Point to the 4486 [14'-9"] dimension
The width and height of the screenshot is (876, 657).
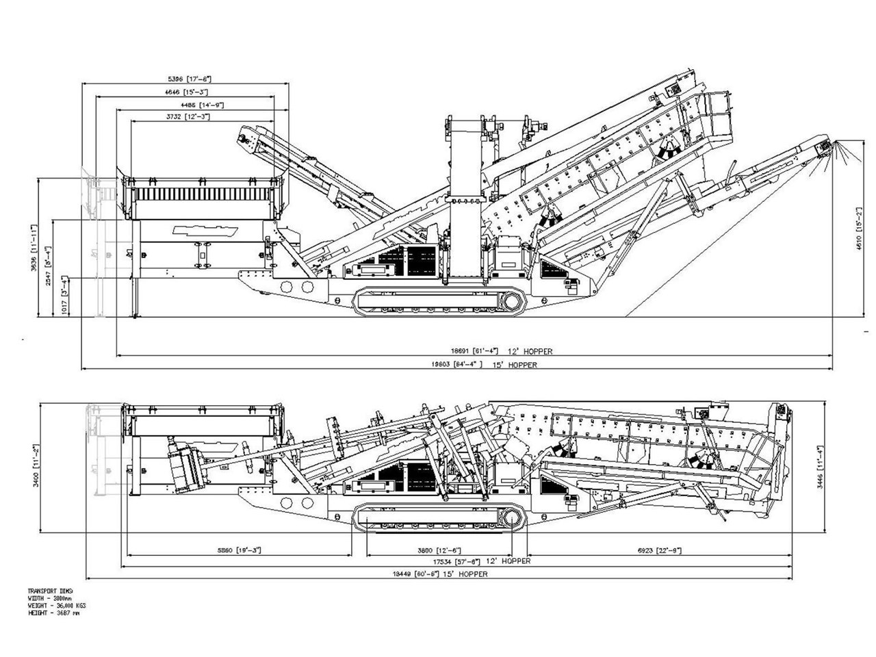202,105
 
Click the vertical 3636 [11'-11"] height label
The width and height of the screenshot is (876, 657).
33,248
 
